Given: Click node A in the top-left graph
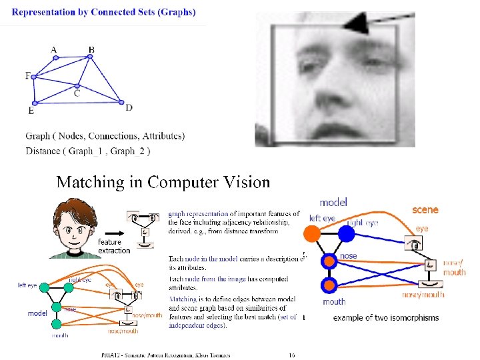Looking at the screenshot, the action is click(56, 57).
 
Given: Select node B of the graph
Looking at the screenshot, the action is click(91, 57).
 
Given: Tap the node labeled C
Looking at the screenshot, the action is click(77, 85).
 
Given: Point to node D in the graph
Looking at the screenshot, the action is click(121, 102).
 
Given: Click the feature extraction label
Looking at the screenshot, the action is click(113, 246).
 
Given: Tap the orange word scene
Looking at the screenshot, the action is click(425, 209).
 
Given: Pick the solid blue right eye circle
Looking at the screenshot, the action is click(346, 233).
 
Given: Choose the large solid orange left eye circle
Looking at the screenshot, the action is click(312, 233).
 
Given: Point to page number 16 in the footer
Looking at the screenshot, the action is click(291, 355).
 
